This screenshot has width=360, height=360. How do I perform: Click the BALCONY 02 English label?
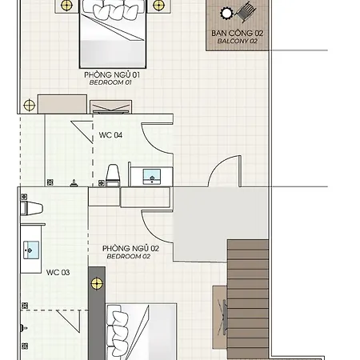pyautogui.click(x=238, y=41)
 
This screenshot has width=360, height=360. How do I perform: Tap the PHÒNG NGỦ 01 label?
pyautogui.click(x=112, y=74)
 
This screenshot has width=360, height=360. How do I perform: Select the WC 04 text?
pyautogui.click(x=110, y=135)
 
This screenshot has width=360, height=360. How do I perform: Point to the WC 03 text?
pyautogui.click(x=58, y=273)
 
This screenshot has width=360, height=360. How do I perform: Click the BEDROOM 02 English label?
pyautogui.click(x=129, y=256)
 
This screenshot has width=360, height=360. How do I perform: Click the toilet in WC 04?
pyautogui.click(x=113, y=175)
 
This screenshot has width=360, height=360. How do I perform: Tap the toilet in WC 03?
pyautogui.click(x=31, y=208)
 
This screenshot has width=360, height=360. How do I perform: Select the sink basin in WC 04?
pyautogui.click(x=152, y=176)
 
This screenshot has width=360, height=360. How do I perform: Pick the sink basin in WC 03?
pyautogui.click(x=31, y=250)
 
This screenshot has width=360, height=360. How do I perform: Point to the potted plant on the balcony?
pyautogui.click(x=226, y=13)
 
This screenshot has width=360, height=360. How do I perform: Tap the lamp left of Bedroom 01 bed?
pyautogui.click(x=66, y=5)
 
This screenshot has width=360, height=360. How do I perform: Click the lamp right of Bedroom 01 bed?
pyautogui.click(x=159, y=5)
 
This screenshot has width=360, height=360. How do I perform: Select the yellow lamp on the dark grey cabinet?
pyautogui.click(x=97, y=283)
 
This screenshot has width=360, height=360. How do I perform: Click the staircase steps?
pyautogui.click(x=248, y=299)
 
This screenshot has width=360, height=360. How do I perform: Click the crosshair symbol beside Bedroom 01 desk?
pyautogui.click(x=29, y=105)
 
